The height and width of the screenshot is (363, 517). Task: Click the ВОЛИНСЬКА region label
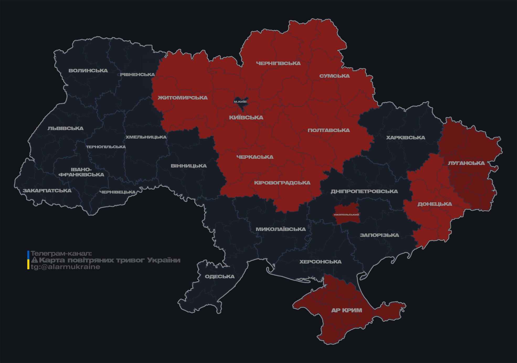point(88,71)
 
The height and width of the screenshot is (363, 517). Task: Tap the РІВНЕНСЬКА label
point(137,75)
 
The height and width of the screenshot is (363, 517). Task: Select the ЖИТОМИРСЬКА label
point(183,98)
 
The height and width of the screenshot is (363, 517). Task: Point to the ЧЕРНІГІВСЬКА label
point(278,64)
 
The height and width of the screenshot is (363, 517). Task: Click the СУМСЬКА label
point(334,76)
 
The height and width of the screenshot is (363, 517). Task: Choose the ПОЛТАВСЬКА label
point(329,130)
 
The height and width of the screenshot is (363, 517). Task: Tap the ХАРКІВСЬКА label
point(406,138)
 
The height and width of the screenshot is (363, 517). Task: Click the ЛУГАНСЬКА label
point(466,163)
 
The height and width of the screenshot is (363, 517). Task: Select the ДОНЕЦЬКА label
point(435,204)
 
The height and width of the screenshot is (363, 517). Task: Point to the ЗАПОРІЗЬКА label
point(379,235)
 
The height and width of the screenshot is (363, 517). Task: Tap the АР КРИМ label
point(347,311)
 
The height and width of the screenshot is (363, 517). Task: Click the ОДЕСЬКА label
point(220,277)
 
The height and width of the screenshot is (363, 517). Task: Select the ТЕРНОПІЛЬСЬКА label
point(106,147)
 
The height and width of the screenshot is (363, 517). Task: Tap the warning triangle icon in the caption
point(34,260)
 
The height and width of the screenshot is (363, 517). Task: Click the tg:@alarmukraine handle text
point(65,267)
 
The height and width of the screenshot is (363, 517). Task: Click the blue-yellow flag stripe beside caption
point(28,260)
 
